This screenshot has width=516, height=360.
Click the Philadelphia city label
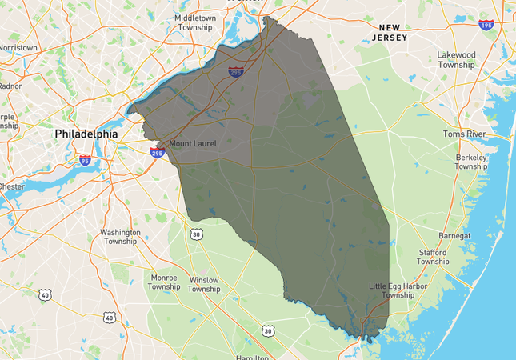coord(86,134)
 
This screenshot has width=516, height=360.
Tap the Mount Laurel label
coord(193,144)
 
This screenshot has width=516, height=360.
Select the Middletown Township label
coord(194,22)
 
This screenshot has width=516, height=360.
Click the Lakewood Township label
coord(456,60)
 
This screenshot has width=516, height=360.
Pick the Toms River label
coord(464,134)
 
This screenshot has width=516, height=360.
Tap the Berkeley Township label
coord(471,162)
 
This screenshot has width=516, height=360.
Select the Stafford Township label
coord(433,257)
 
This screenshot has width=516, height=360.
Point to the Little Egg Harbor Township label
coord(398,290)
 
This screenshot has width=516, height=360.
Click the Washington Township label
coord(119,237)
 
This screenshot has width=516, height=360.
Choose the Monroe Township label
coord(164,282)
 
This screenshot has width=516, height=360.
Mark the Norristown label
coord(18,47)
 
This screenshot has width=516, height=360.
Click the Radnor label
coord(10,86)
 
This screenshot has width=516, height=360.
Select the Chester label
coord(11,186)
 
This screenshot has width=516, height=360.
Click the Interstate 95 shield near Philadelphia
coord(85,161)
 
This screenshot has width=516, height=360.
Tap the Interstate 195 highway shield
coord(486,25)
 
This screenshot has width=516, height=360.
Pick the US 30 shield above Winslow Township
coord(196,234)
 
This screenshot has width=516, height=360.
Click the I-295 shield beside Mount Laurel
coord(157,151)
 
